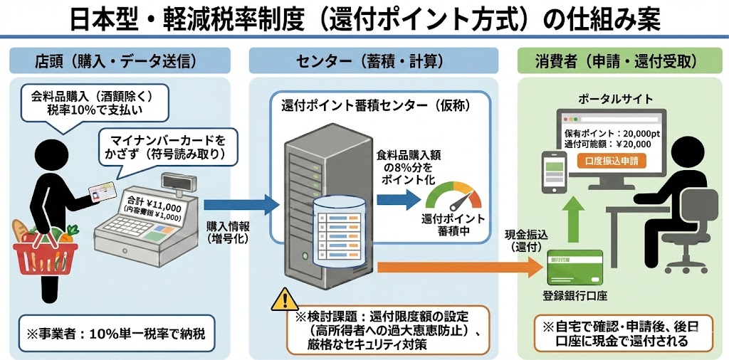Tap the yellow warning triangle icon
[283, 300]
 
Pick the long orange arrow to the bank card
[456, 268]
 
